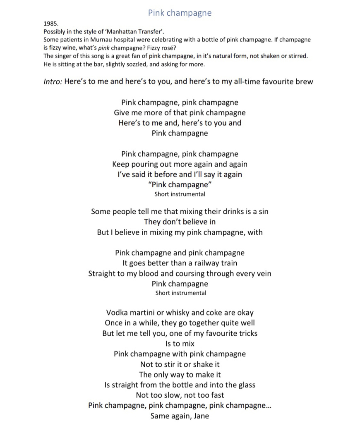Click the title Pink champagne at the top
tap(180, 13)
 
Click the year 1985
tap(51, 24)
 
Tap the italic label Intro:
tap(53, 81)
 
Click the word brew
tap(304, 81)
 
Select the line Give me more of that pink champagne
tap(180, 112)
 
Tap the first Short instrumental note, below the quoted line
tap(180, 194)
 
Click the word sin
tap(263, 211)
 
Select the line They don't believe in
tap(180, 222)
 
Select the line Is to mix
tap(180, 344)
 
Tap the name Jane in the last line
tap(201, 416)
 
